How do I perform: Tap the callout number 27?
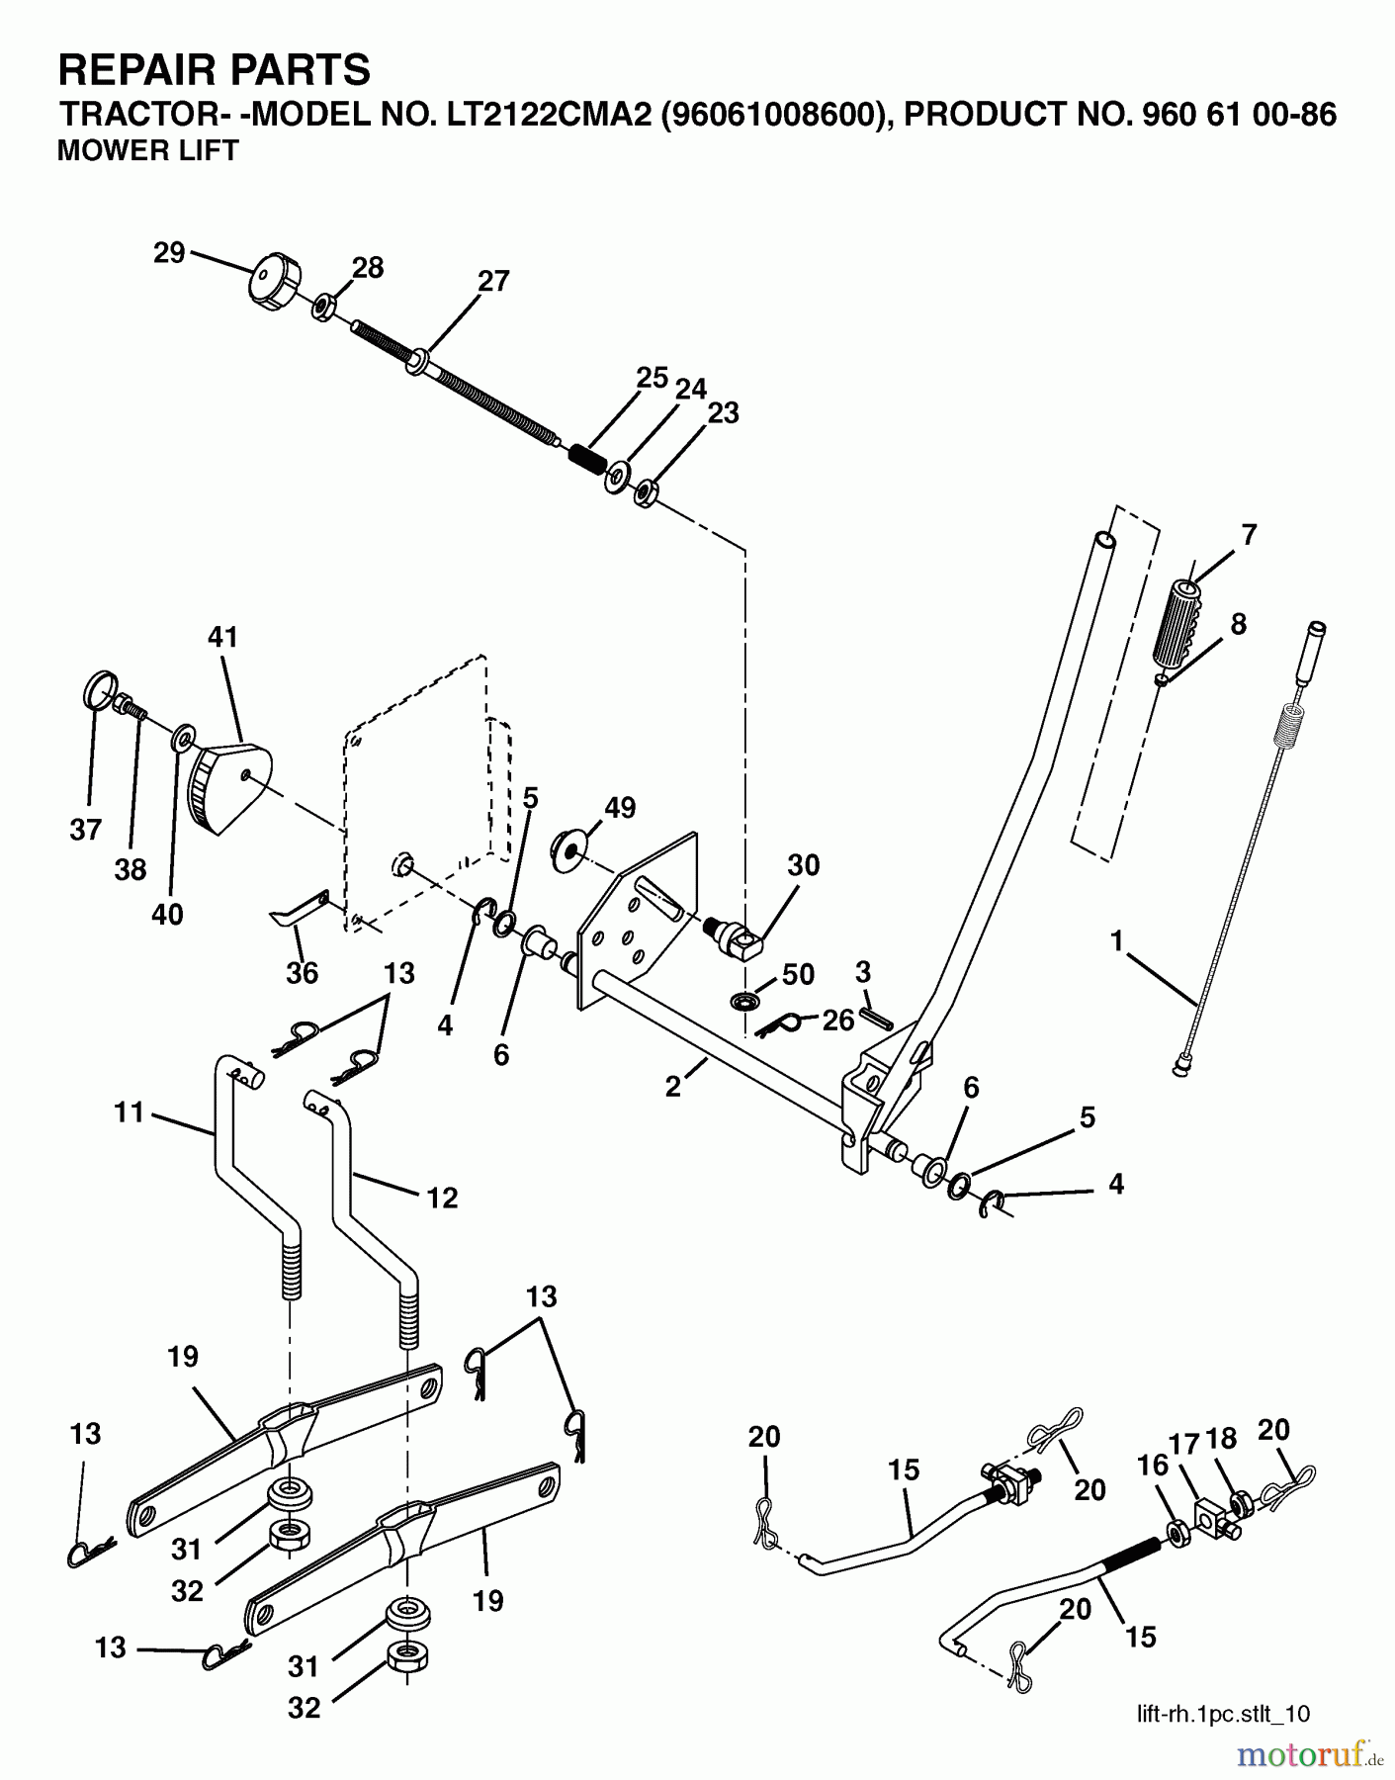[493, 281]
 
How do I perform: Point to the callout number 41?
[223, 637]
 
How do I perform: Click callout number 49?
[621, 808]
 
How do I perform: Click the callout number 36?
[303, 973]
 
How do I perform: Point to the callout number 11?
[129, 1112]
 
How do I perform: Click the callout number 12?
[443, 1198]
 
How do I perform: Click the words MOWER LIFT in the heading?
[148, 151]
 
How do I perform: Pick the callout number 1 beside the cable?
[1117, 941]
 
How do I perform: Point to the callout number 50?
[798, 973]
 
